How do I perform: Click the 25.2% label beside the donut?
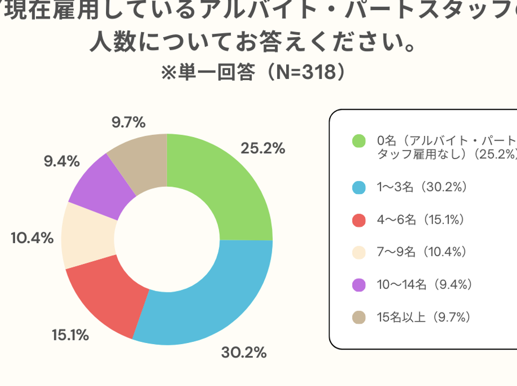pos(263,148)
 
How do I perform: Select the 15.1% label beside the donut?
pos(70,335)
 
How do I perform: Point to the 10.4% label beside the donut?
pos(32,237)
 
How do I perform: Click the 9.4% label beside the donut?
pos(62,161)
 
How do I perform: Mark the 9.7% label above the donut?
pos(129,123)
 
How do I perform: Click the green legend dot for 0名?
pos(359,141)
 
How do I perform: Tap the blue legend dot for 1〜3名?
pos(359,188)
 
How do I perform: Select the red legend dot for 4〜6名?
pos(359,220)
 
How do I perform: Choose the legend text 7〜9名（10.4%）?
pos(422,252)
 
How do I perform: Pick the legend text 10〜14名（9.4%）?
pos(425,284)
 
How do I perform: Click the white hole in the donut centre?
pos(167,240)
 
